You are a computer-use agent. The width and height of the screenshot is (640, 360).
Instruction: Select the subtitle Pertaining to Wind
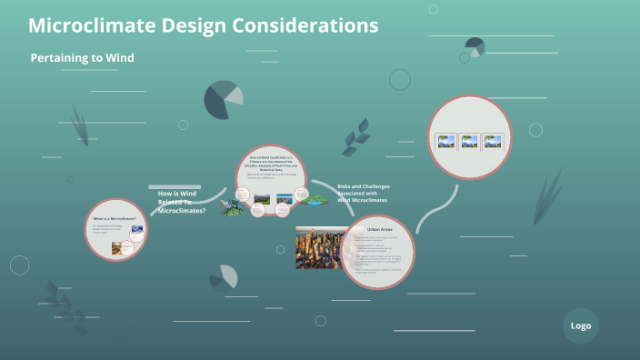(x=82, y=58)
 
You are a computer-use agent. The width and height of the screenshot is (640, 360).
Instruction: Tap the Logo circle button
(x=581, y=325)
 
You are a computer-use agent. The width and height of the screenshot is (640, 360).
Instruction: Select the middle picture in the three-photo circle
(x=469, y=142)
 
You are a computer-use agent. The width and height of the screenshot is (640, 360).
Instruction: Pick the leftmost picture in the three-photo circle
(x=445, y=142)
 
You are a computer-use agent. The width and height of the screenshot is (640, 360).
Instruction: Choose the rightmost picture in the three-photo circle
(x=493, y=142)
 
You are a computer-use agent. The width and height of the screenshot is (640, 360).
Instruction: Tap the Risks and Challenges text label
(x=362, y=193)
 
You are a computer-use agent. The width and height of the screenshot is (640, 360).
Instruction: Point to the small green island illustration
(x=315, y=200)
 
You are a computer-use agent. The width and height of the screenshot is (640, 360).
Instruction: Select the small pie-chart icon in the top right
(x=475, y=46)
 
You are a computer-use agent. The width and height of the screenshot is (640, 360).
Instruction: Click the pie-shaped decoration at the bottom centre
(x=222, y=277)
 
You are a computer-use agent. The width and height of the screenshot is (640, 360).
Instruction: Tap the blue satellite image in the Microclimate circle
(x=136, y=230)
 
